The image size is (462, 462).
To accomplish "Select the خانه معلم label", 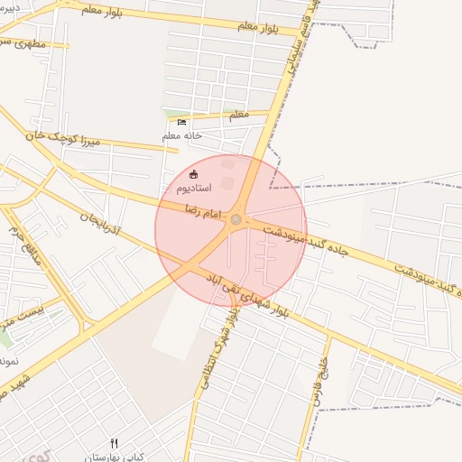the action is coord(181,135).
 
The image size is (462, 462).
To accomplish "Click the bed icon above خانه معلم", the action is coord(181,122).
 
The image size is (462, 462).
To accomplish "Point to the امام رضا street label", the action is coord(204,208).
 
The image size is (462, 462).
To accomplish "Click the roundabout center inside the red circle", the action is coord(236,219).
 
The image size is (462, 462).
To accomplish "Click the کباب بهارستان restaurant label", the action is coord(114,457).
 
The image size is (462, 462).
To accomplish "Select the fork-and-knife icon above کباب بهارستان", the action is coord(114,443).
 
